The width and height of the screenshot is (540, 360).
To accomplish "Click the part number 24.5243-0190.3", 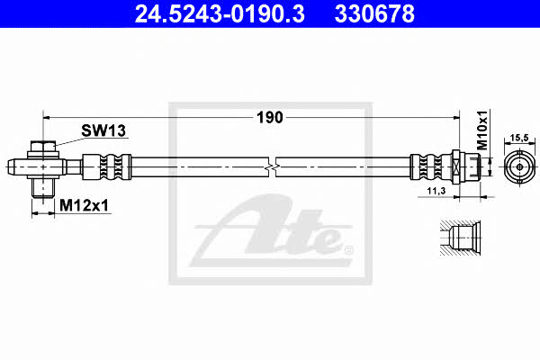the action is pos(220,13).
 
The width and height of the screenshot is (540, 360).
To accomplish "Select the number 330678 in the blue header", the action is pos(374,13).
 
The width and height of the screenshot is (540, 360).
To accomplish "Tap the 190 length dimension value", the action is pos(270,118).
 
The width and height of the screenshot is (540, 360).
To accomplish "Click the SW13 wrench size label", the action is pos(103,130).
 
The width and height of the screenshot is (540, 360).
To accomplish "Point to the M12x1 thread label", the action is pos(84,206).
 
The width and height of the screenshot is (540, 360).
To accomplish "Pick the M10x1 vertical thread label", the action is pos(482,130).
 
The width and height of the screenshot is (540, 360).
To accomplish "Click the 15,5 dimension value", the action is pos(519,138).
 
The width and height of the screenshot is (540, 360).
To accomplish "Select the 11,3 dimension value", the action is pos(436,191).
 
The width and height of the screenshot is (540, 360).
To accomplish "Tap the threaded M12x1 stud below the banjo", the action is pos(43,188).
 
